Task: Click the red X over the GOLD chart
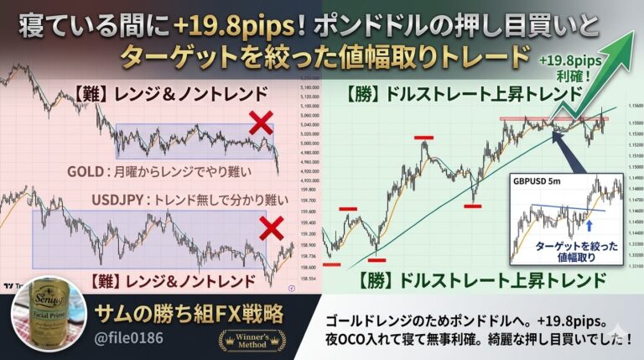click(261, 123)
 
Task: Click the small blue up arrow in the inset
click(589, 225)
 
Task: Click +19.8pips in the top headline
click(223, 28)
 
